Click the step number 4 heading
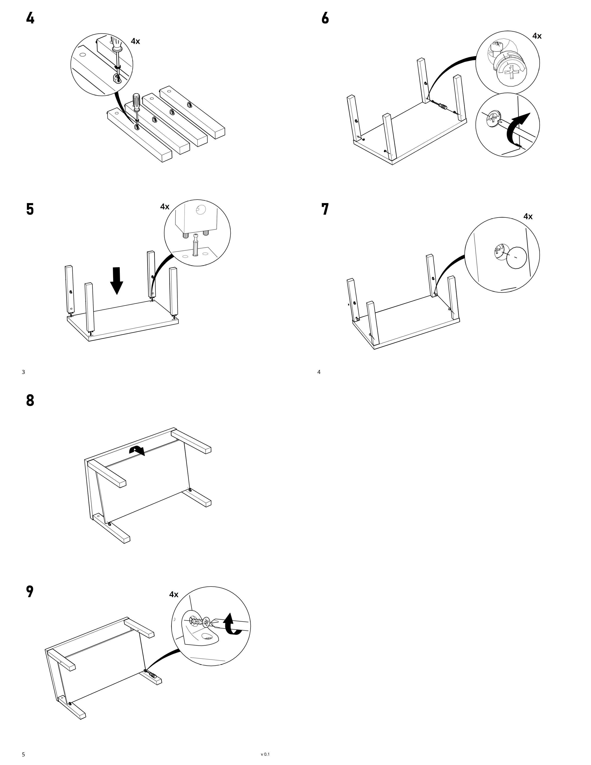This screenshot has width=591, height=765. [x=30, y=18]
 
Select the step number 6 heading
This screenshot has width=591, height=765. [x=325, y=18]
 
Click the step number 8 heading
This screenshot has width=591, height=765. [x=30, y=400]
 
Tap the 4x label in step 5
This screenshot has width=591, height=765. [x=165, y=207]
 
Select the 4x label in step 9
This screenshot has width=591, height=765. [x=174, y=594]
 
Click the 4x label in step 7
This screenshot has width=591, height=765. [x=528, y=217]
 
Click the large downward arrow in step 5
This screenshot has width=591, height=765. [x=117, y=280]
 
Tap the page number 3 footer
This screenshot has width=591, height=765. [x=23, y=372]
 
